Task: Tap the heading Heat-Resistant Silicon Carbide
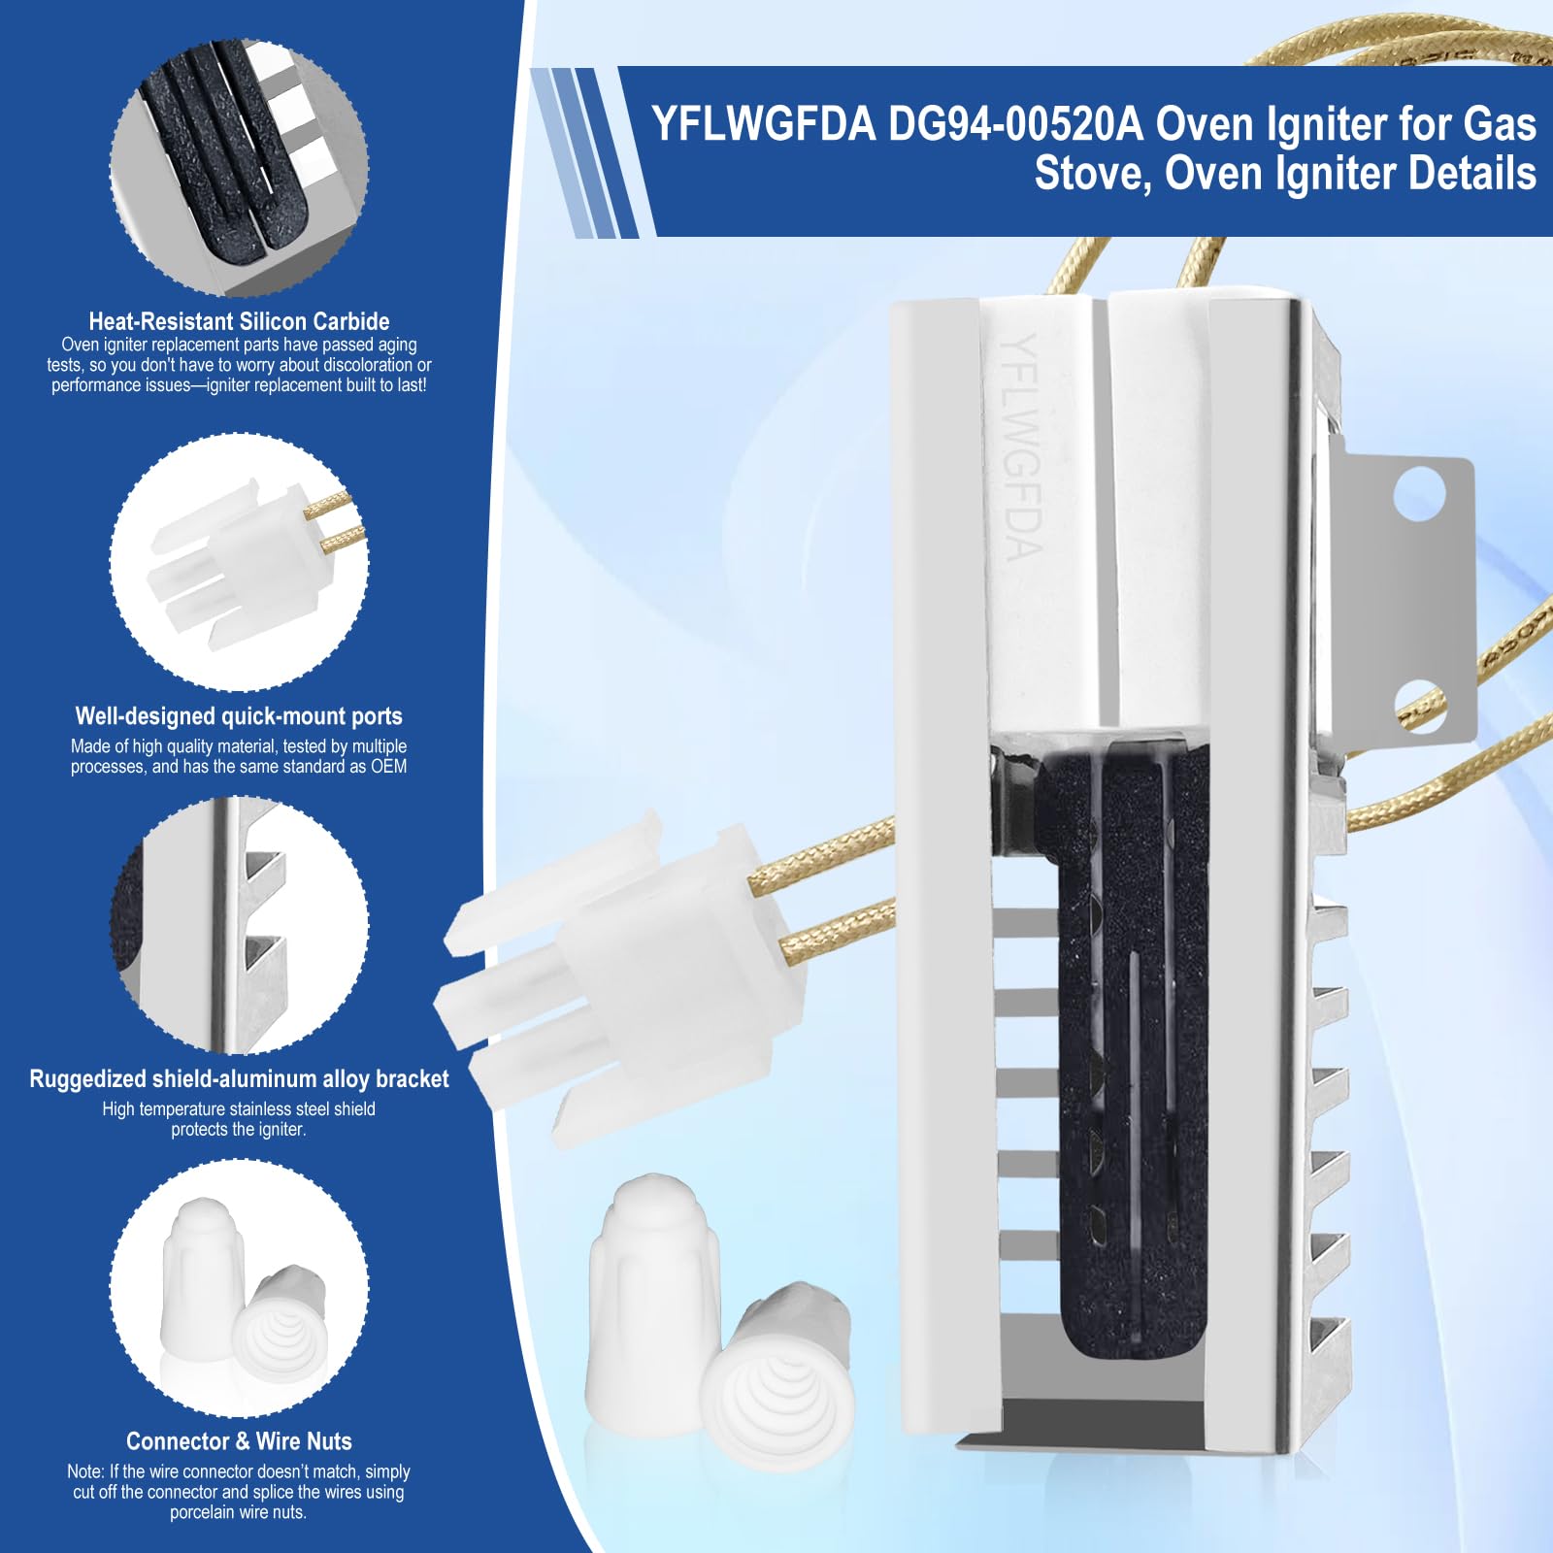coord(239,321)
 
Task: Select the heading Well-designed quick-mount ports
coord(239,716)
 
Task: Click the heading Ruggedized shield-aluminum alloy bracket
coord(239,1079)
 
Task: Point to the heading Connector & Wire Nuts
coord(239,1441)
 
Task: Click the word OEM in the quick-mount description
coord(389,767)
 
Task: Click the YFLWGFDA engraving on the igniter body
coord(1021,446)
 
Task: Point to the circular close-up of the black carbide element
coord(239,168)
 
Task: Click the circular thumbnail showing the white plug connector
coord(239,563)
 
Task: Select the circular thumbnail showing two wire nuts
coord(239,1288)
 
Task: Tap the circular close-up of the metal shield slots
coord(239,925)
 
